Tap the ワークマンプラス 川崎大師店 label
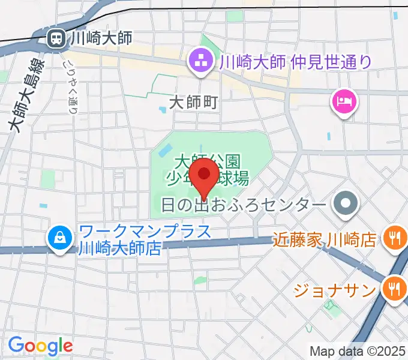[x=145, y=239]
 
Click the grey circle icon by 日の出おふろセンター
[x=346, y=205]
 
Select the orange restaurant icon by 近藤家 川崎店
[x=393, y=239]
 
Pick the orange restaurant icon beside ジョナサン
[x=393, y=289]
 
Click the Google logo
[x=40, y=346]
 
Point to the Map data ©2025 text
[x=358, y=351]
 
